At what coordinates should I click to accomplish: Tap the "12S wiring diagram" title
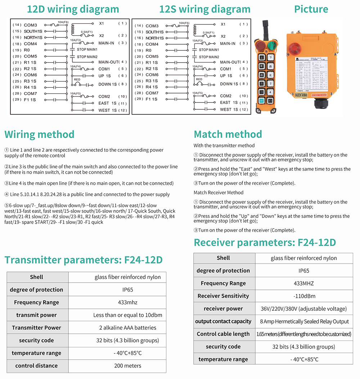205,9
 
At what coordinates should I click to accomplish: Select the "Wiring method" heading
39,134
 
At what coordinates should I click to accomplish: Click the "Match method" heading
228,134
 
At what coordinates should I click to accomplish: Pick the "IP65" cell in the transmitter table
127,290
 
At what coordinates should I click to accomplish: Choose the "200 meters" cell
127,366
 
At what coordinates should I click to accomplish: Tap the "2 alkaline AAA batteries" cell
127,328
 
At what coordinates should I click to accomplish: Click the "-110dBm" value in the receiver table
303,296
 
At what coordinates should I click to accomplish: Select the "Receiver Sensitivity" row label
223,296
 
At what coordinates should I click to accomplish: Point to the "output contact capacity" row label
223,321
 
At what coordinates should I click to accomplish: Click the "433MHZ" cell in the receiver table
303,283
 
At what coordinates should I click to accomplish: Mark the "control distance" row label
36,366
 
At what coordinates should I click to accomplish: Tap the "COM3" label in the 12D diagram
30,25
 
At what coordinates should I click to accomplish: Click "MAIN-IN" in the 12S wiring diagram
228,44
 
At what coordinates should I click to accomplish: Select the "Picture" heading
311,9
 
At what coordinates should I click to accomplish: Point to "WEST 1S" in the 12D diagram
107,110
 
